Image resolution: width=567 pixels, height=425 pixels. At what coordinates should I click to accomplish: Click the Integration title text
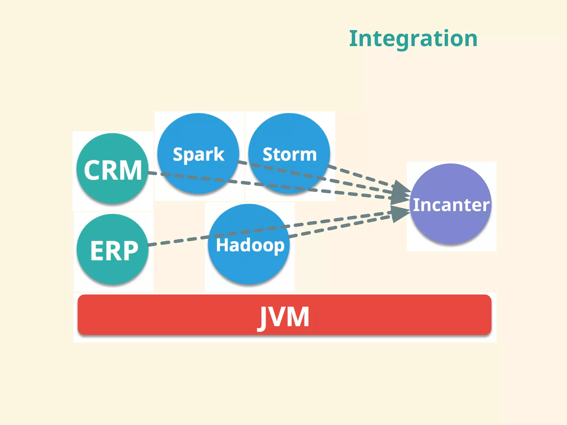413,39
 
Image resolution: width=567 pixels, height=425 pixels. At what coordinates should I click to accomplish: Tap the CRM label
113,170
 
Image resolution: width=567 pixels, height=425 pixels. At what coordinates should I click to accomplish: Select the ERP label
114,251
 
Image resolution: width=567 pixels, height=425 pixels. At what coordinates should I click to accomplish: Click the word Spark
198,154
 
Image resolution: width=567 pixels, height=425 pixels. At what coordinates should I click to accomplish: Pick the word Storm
290,154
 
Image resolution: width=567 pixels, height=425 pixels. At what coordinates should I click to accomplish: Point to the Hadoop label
250,245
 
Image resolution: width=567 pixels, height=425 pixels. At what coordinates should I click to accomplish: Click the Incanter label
451,205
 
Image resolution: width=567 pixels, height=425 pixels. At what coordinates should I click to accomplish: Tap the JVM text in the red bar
284,317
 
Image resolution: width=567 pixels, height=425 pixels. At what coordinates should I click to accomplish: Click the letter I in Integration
353,39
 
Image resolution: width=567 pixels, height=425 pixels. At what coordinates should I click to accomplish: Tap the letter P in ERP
129,251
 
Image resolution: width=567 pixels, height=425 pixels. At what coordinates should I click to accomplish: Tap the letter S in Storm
268,154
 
